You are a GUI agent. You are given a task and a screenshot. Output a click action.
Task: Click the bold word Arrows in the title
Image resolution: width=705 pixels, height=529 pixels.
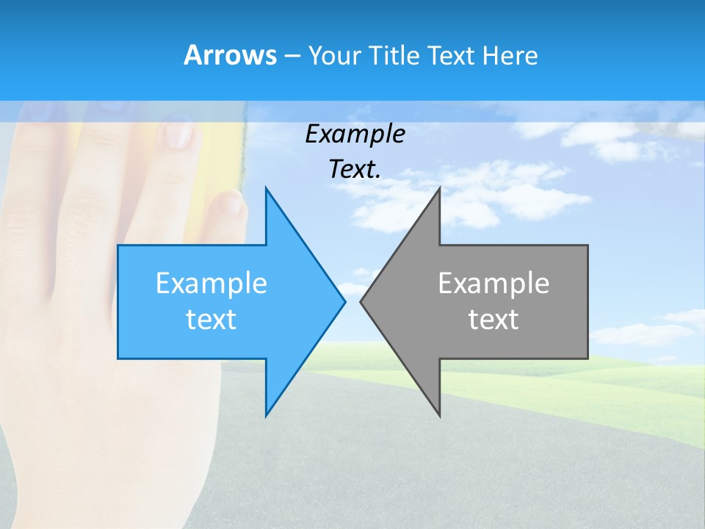(230, 55)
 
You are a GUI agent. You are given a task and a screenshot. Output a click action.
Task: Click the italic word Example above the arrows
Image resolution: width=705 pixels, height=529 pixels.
(355, 134)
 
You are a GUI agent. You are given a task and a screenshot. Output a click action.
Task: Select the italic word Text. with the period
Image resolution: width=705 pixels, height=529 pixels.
(355, 169)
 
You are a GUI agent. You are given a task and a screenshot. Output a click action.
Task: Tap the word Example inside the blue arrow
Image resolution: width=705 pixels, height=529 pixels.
(211, 284)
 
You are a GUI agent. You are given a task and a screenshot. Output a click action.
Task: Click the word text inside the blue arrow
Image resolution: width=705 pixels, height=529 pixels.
(211, 320)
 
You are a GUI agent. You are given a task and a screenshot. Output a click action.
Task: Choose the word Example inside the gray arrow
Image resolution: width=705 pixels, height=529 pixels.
(493, 284)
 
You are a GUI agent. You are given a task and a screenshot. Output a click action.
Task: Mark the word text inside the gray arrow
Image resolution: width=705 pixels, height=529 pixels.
(493, 320)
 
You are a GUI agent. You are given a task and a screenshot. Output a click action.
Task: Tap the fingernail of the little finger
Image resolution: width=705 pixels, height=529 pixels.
(231, 203)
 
